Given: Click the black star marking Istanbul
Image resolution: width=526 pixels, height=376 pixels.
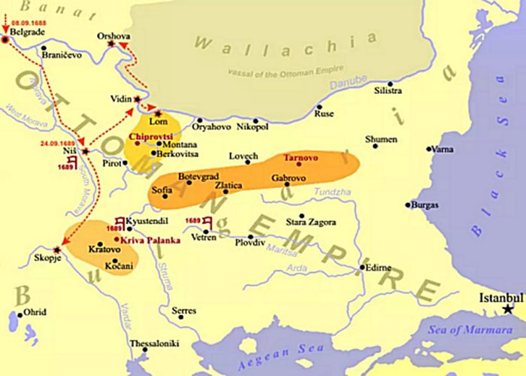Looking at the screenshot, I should pyautogui.click(x=509, y=309).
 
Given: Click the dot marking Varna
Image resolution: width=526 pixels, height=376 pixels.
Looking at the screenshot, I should pyautogui.click(x=429, y=149).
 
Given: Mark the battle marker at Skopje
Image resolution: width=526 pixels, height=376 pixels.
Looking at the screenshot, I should pyautogui.click(x=57, y=250).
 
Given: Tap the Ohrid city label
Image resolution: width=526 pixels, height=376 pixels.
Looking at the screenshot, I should pyautogui.click(x=35, y=312).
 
